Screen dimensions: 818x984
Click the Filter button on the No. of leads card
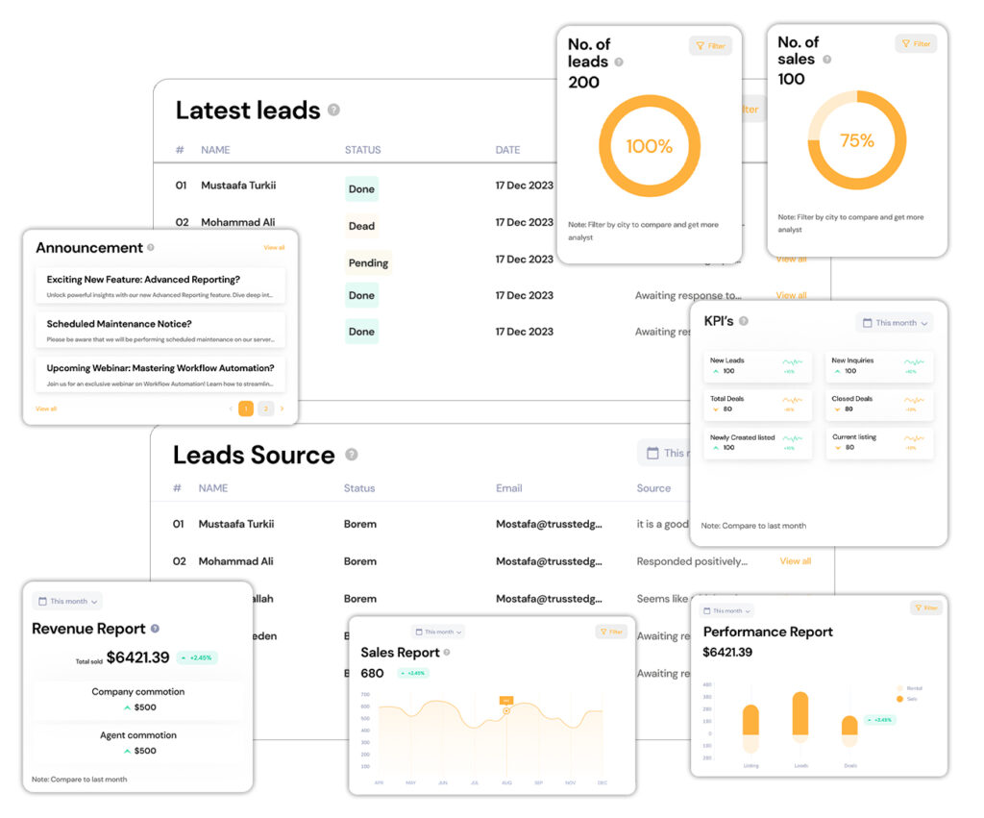pyautogui.click(x=710, y=45)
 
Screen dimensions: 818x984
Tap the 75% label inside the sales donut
pyautogui.click(x=856, y=140)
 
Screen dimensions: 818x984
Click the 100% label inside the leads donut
pyautogui.click(x=649, y=146)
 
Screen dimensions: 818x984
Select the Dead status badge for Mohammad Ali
pyautogui.click(x=361, y=226)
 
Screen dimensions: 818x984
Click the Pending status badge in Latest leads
pyautogui.click(x=368, y=262)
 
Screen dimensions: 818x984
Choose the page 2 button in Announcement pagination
pyautogui.click(x=266, y=409)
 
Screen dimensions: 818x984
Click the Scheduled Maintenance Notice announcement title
pyautogui.click(x=119, y=324)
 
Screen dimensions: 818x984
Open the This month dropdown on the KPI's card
pyautogui.click(x=895, y=323)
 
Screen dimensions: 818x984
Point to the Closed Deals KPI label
pyautogui.click(x=851, y=398)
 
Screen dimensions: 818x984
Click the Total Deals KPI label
pyautogui.click(x=726, y=398)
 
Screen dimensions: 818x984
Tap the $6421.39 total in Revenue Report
pyautogui.click(x=137, y=657)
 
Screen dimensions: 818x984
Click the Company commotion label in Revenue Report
pyautogui.click(x=137, y=691)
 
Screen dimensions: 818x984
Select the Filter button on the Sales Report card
pyautogui.click(x=611, y=632)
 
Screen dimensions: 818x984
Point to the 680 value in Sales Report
pyautogui.click(x=372, y=673)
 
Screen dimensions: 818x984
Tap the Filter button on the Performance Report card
pyautogui.click(x=925, y=607)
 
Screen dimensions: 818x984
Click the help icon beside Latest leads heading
pyautogui.click(x=333, y=110)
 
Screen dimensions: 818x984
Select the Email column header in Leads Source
pyautogui.click(x=508, y=488)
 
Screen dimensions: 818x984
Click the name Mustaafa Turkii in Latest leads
pyautogui.click(x=238, y=186)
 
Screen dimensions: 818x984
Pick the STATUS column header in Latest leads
pyautogui.click(x=362, y=150)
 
